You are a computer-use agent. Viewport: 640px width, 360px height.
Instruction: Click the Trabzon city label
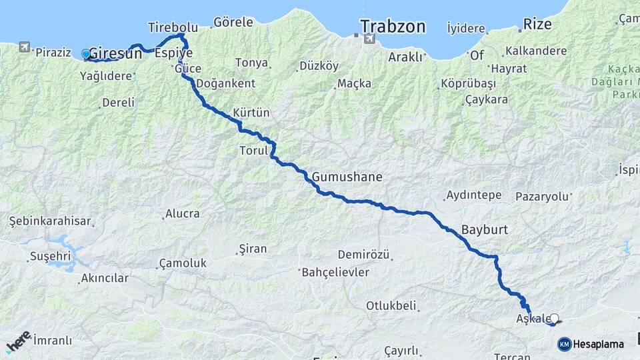(393, 27)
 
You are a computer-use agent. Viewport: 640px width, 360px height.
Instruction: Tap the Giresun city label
(115, 53)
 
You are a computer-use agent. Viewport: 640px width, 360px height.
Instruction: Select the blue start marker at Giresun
(85, 54)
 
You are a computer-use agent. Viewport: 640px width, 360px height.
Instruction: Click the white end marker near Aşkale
(554, 319)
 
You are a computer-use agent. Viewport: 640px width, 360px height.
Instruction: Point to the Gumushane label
(347, 177)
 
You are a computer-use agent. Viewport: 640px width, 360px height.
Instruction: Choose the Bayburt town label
(485, 230)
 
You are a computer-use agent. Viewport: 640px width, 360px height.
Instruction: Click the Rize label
(537, 25)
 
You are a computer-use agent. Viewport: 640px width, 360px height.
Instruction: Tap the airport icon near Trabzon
(368, 39)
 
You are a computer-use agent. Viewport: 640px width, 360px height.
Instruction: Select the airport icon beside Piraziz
(25, 47)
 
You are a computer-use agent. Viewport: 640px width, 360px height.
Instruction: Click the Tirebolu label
(173, 27)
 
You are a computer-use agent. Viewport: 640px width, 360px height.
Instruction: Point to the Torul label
(253, 151)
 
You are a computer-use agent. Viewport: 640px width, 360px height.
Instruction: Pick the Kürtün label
(251, 113)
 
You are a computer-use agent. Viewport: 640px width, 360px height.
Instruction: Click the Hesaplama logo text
(599, 345)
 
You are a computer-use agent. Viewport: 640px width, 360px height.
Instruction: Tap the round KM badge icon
(565, 345)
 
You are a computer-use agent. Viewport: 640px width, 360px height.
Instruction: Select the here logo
(18, 341)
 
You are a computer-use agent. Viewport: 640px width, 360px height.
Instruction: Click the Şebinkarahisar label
(50, 221)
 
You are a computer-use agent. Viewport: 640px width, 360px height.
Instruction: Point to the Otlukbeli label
(391, 306)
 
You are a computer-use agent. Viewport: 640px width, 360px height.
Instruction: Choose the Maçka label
(354, 83)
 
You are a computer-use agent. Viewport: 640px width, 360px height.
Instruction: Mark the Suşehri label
(50, 256)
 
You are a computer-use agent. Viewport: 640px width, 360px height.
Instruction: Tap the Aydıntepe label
(473, 195)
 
